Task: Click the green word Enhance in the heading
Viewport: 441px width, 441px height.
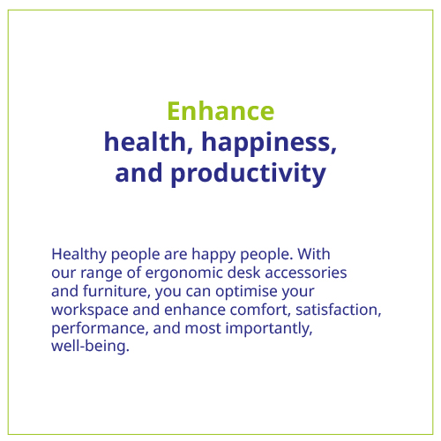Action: pyautogui.click(x=220, y=111)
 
